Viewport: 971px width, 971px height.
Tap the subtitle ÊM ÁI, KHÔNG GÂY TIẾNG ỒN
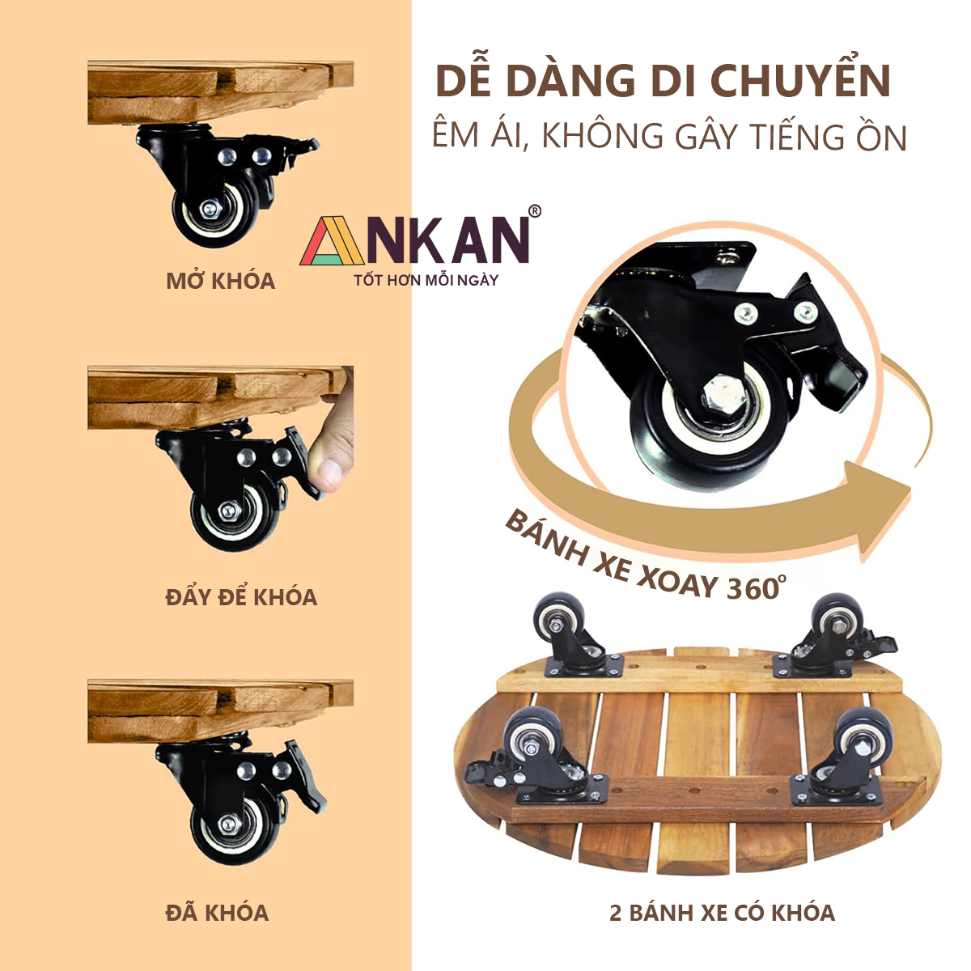(x=670, y=135)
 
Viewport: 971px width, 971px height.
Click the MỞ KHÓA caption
(x=221, y=280)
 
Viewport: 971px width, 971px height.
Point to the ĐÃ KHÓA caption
(x=217, y=912)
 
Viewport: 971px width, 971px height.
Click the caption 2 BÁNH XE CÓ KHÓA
(x=722, y=913)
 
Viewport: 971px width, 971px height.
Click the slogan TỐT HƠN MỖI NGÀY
(x=426, y=280)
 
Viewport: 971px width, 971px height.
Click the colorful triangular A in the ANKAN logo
(x=332, y=241)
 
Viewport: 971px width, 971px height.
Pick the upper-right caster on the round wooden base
(x=837, y=637)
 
